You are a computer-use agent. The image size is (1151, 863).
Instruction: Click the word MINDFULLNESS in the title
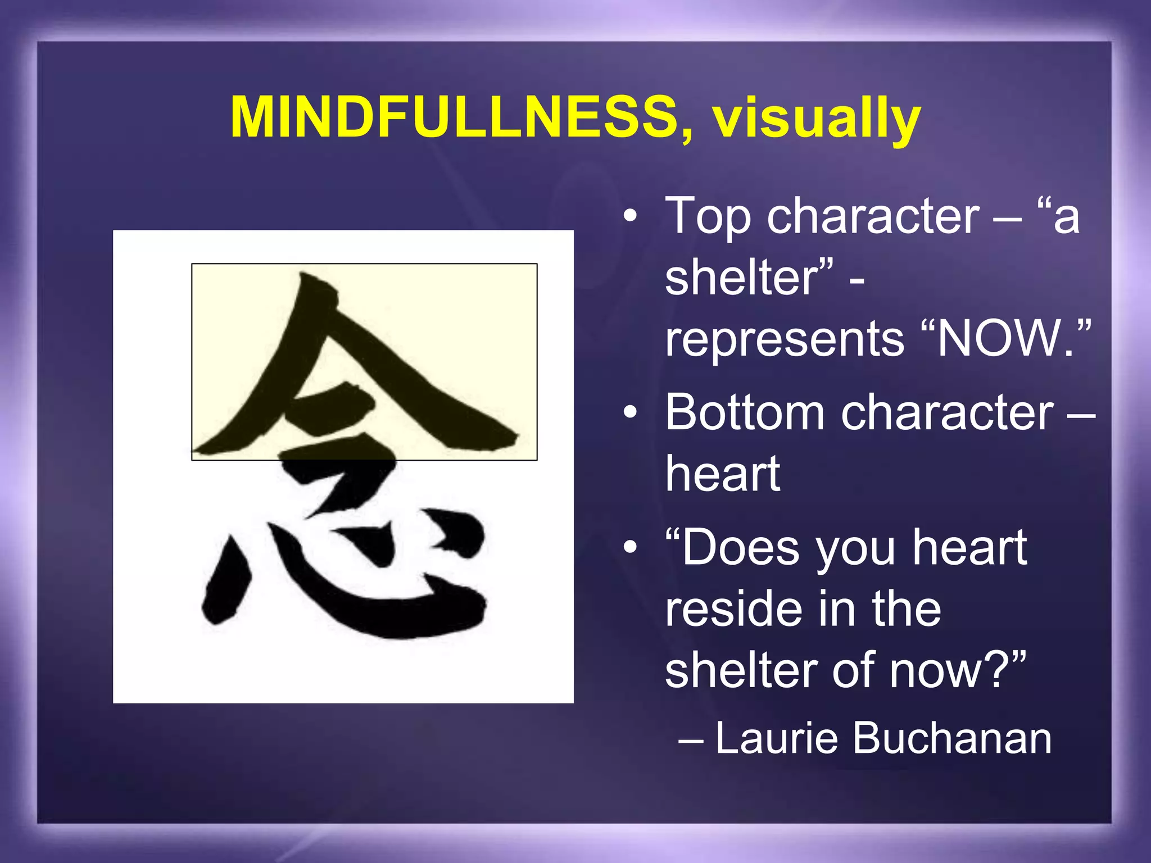(454, 118)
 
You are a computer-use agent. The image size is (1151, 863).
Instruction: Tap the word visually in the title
(817, 119)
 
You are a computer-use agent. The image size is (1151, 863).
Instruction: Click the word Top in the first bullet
(708, 217)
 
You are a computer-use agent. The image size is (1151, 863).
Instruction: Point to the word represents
(785, 339)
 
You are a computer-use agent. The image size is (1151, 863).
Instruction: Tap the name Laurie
(777, 738)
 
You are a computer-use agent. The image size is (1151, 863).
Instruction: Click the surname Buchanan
(952, 738)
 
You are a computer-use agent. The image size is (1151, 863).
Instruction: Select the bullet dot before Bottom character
(631, 413)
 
